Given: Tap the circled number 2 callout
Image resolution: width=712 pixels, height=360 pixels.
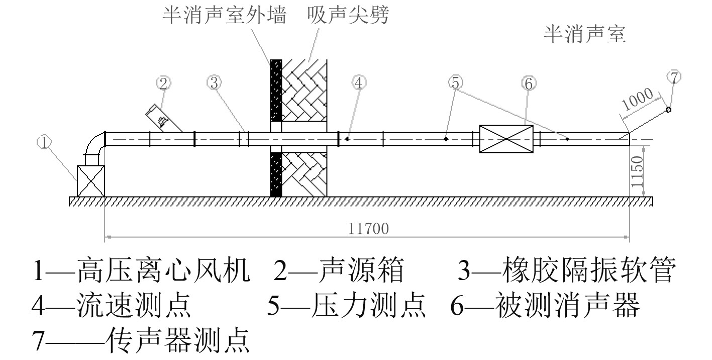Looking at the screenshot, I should (x=164, y=83).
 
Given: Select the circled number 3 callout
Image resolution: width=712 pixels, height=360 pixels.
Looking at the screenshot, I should (x=215, y=83).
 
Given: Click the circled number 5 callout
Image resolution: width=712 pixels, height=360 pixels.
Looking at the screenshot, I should (x=456, y=83).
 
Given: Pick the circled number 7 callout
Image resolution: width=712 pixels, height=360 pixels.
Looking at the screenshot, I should (x=674, y=77).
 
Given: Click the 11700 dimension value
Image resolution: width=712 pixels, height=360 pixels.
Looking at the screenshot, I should (x=368, y=229).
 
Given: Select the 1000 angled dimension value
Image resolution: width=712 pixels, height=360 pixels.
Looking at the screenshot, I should (x=638, y=99).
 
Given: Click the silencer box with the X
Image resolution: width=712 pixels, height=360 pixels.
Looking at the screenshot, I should (x=506, y=138).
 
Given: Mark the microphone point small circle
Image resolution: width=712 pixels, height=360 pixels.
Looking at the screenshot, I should (x=669, y=110).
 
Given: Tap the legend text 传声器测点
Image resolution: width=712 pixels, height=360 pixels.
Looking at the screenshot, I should (x=178, y=340).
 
